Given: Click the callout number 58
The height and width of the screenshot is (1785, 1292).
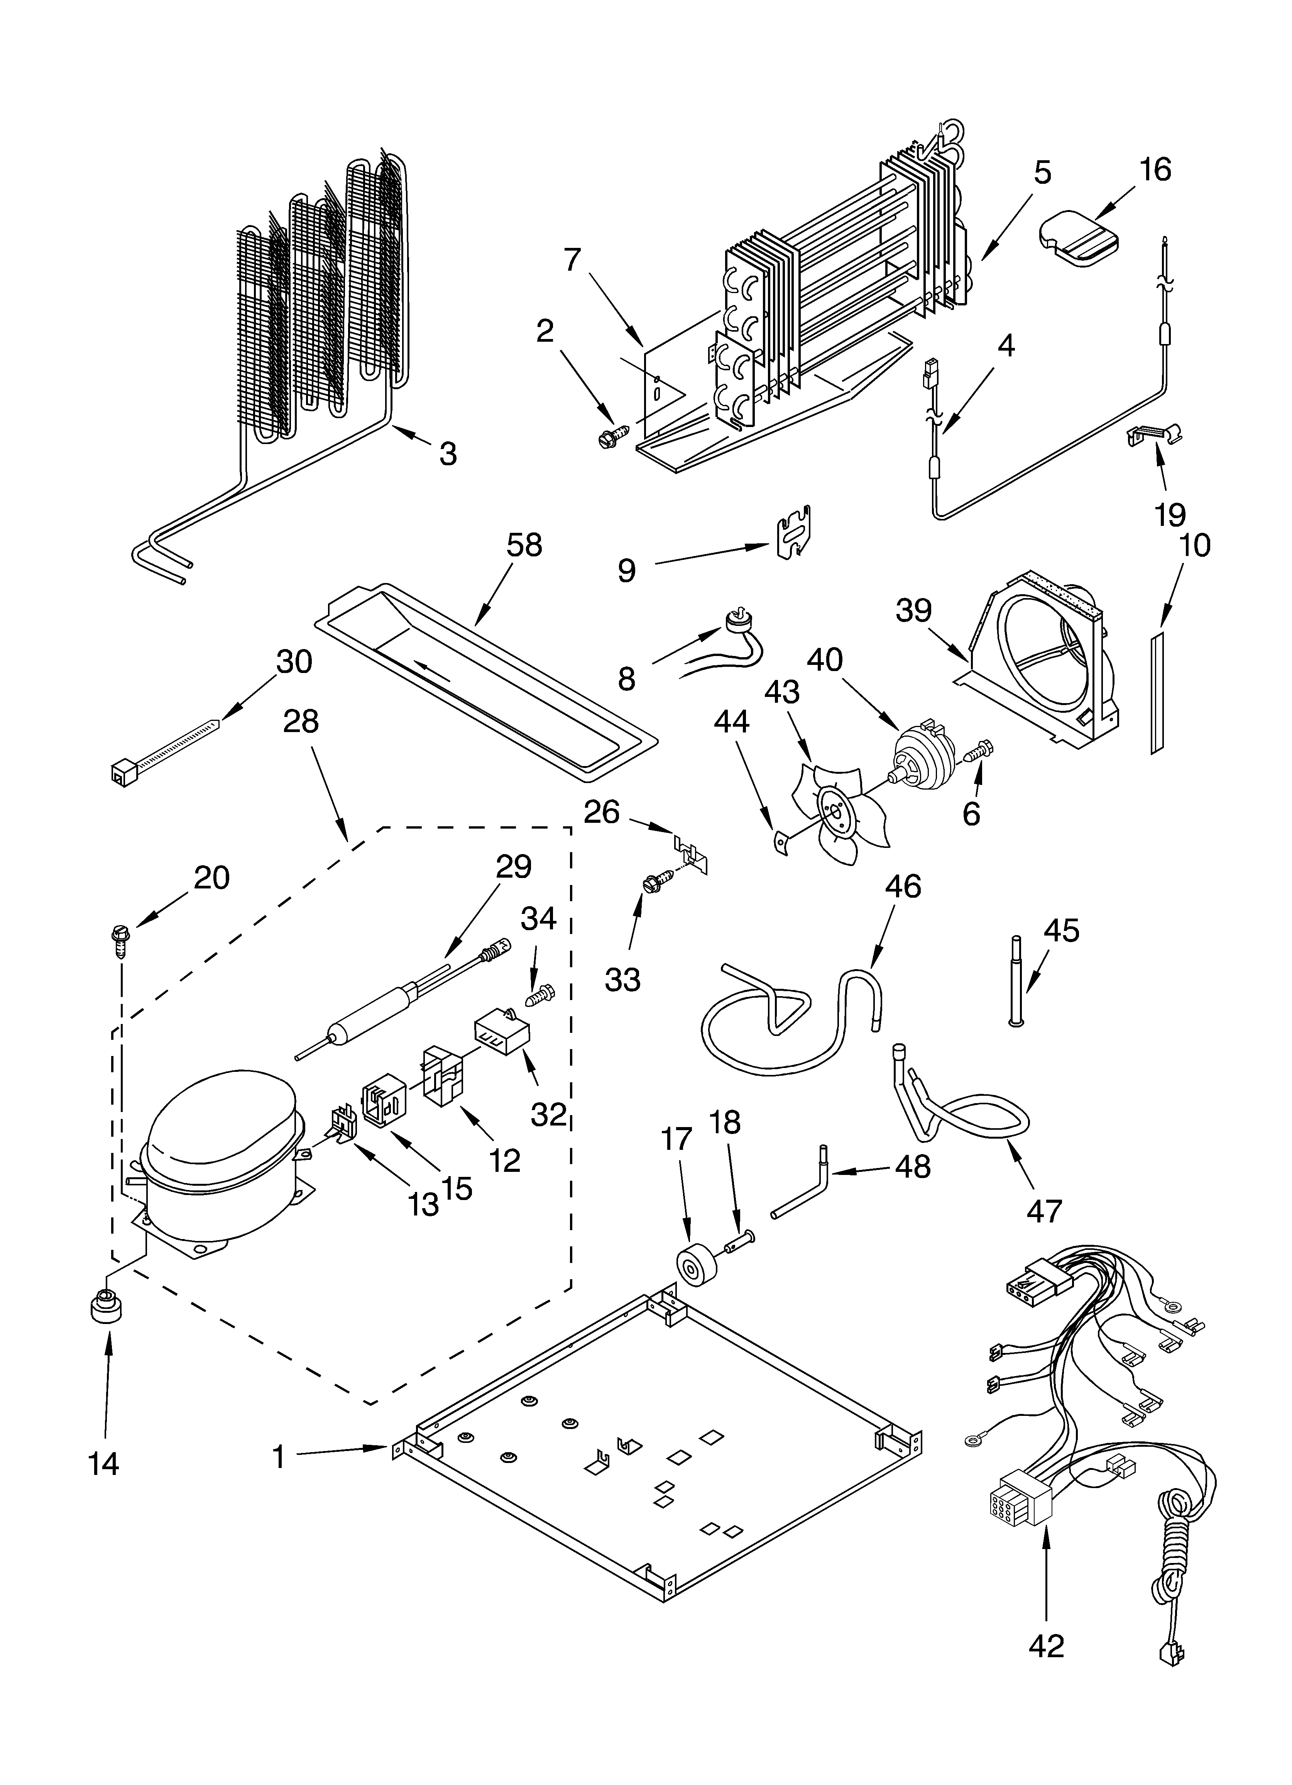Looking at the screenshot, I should pos(524,545).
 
